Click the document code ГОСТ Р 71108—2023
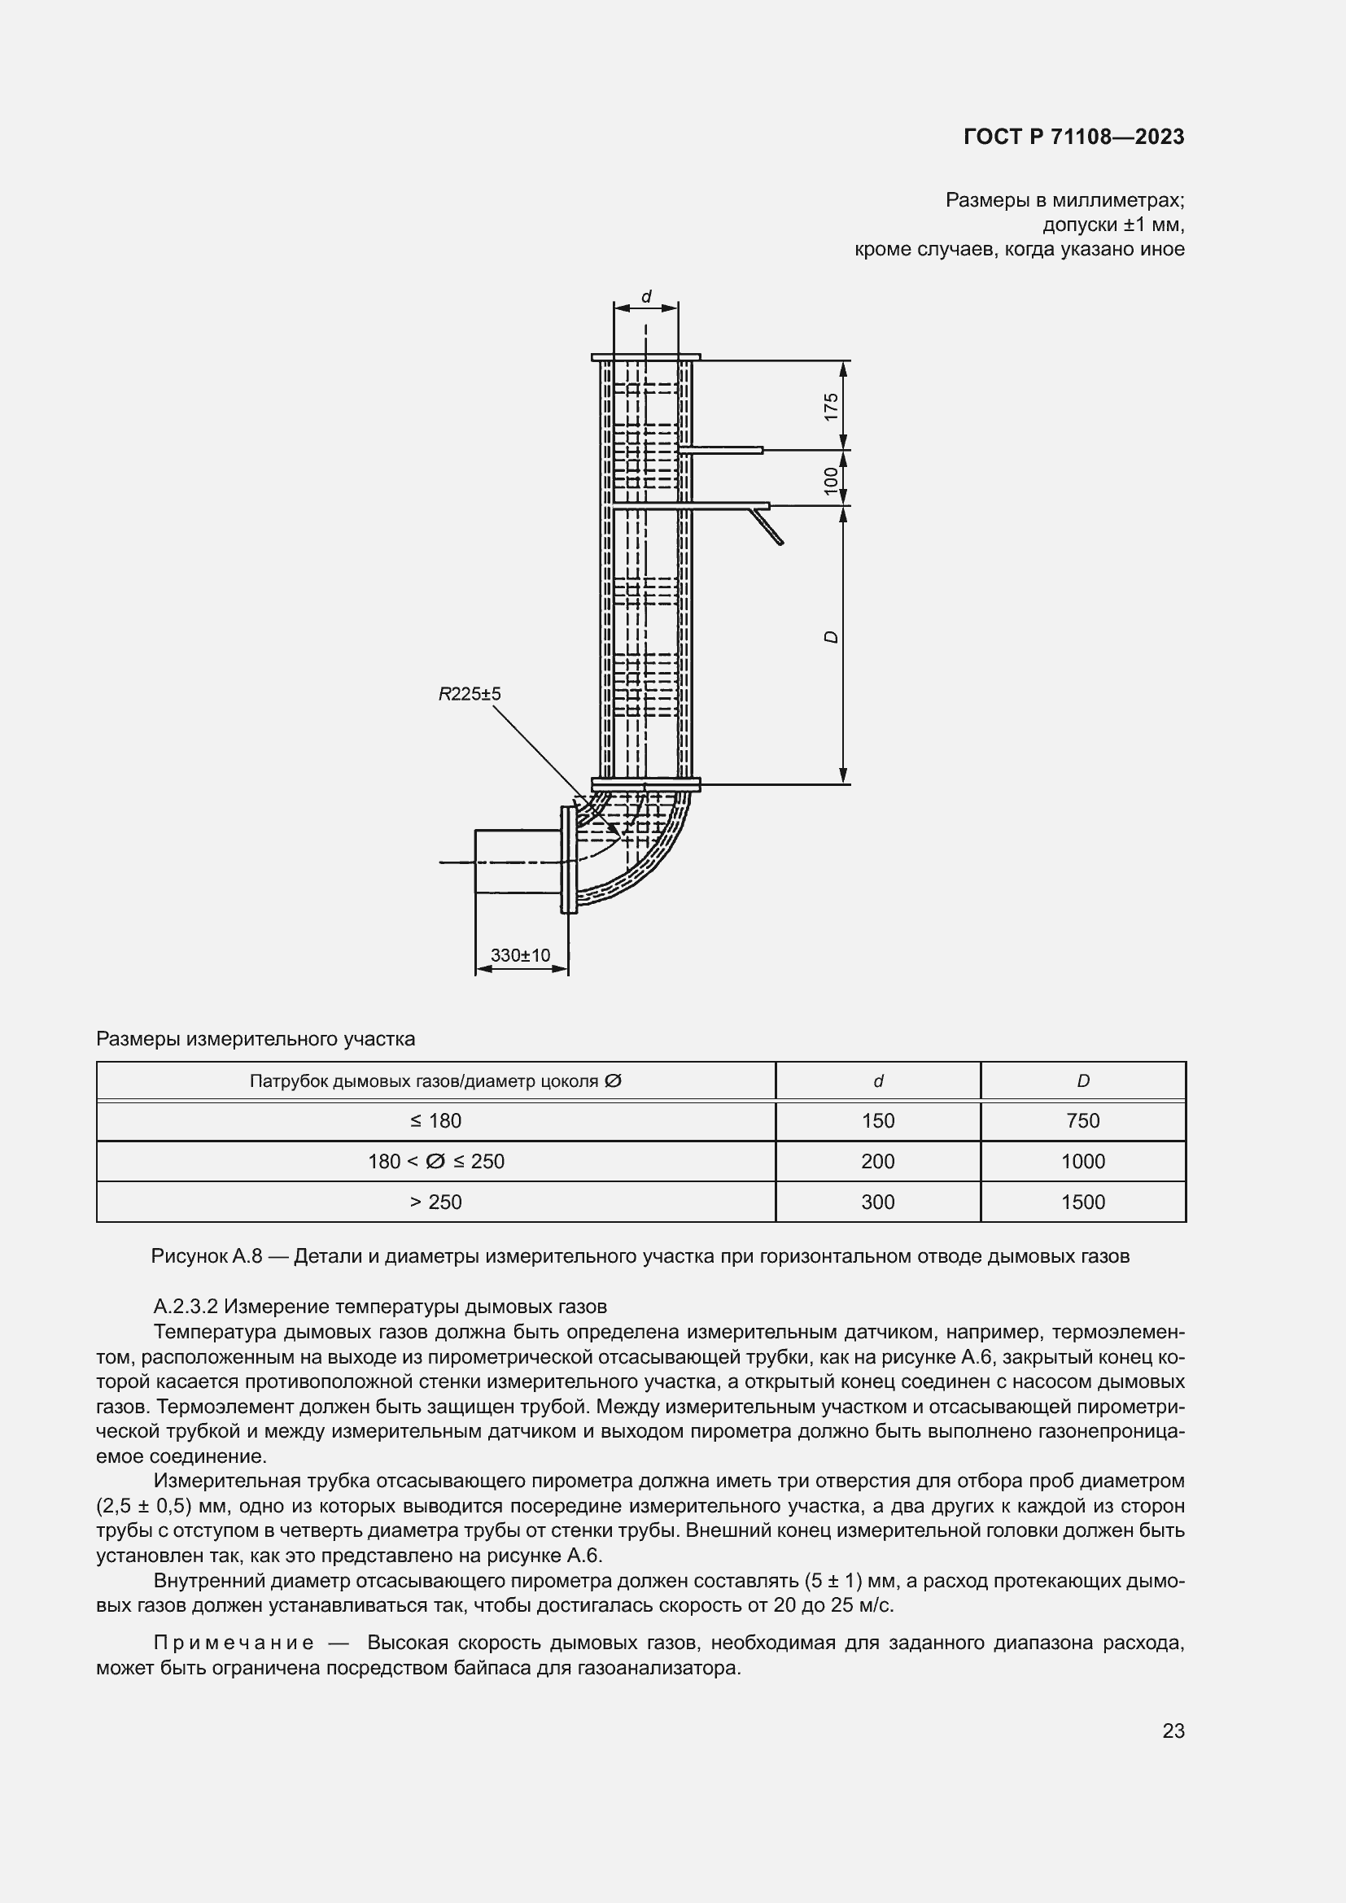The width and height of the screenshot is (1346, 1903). click(1073, 137)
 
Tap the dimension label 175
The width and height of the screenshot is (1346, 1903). click(832, 406)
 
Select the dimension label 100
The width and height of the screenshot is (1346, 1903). click(832, 480)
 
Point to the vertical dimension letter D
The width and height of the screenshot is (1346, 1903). click(832, 636)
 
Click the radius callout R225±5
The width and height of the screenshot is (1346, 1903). click(469, 694)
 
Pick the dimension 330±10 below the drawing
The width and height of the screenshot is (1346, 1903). click(521, 955)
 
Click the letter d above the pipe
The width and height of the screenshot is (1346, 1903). click(646, 297)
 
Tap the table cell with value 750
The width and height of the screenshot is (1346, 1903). click(1082, 1120)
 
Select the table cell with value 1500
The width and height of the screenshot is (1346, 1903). click(1082, 1202)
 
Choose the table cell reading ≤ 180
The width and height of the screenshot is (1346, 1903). click(436, 1120)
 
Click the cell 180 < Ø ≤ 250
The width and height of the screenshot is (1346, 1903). click(436, 1161)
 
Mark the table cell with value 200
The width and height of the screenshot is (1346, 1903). click(878, 1161)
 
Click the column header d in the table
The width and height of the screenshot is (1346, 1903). click(878, 1080)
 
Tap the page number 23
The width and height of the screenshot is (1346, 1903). click(1173, 1731)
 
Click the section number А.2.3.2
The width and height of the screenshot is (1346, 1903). click(185, 1307)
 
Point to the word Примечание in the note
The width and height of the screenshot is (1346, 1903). click(234, 1643)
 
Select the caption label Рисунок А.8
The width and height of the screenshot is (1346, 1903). click(207, 1255)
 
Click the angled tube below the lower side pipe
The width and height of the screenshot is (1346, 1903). click(767, 527)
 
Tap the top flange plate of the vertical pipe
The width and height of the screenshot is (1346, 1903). click(645, 357)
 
